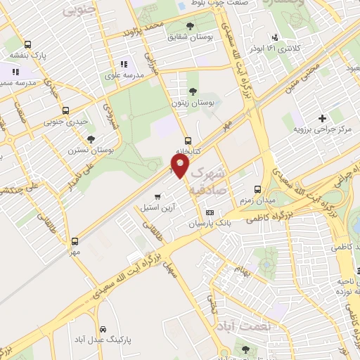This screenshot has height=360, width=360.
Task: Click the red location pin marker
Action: [180, 167]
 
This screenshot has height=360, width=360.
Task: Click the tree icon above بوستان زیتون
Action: [193, 91]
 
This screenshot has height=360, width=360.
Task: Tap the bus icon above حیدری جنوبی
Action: [66, 110]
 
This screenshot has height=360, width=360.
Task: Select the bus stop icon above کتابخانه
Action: [188, 140]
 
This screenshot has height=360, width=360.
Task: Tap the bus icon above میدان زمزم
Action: [257, 189]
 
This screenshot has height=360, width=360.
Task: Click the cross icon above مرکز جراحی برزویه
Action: [322, 118]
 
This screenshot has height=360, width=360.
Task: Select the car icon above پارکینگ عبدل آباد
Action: [103, 329]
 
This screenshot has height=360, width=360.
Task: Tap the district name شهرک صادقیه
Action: [207, 179]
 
